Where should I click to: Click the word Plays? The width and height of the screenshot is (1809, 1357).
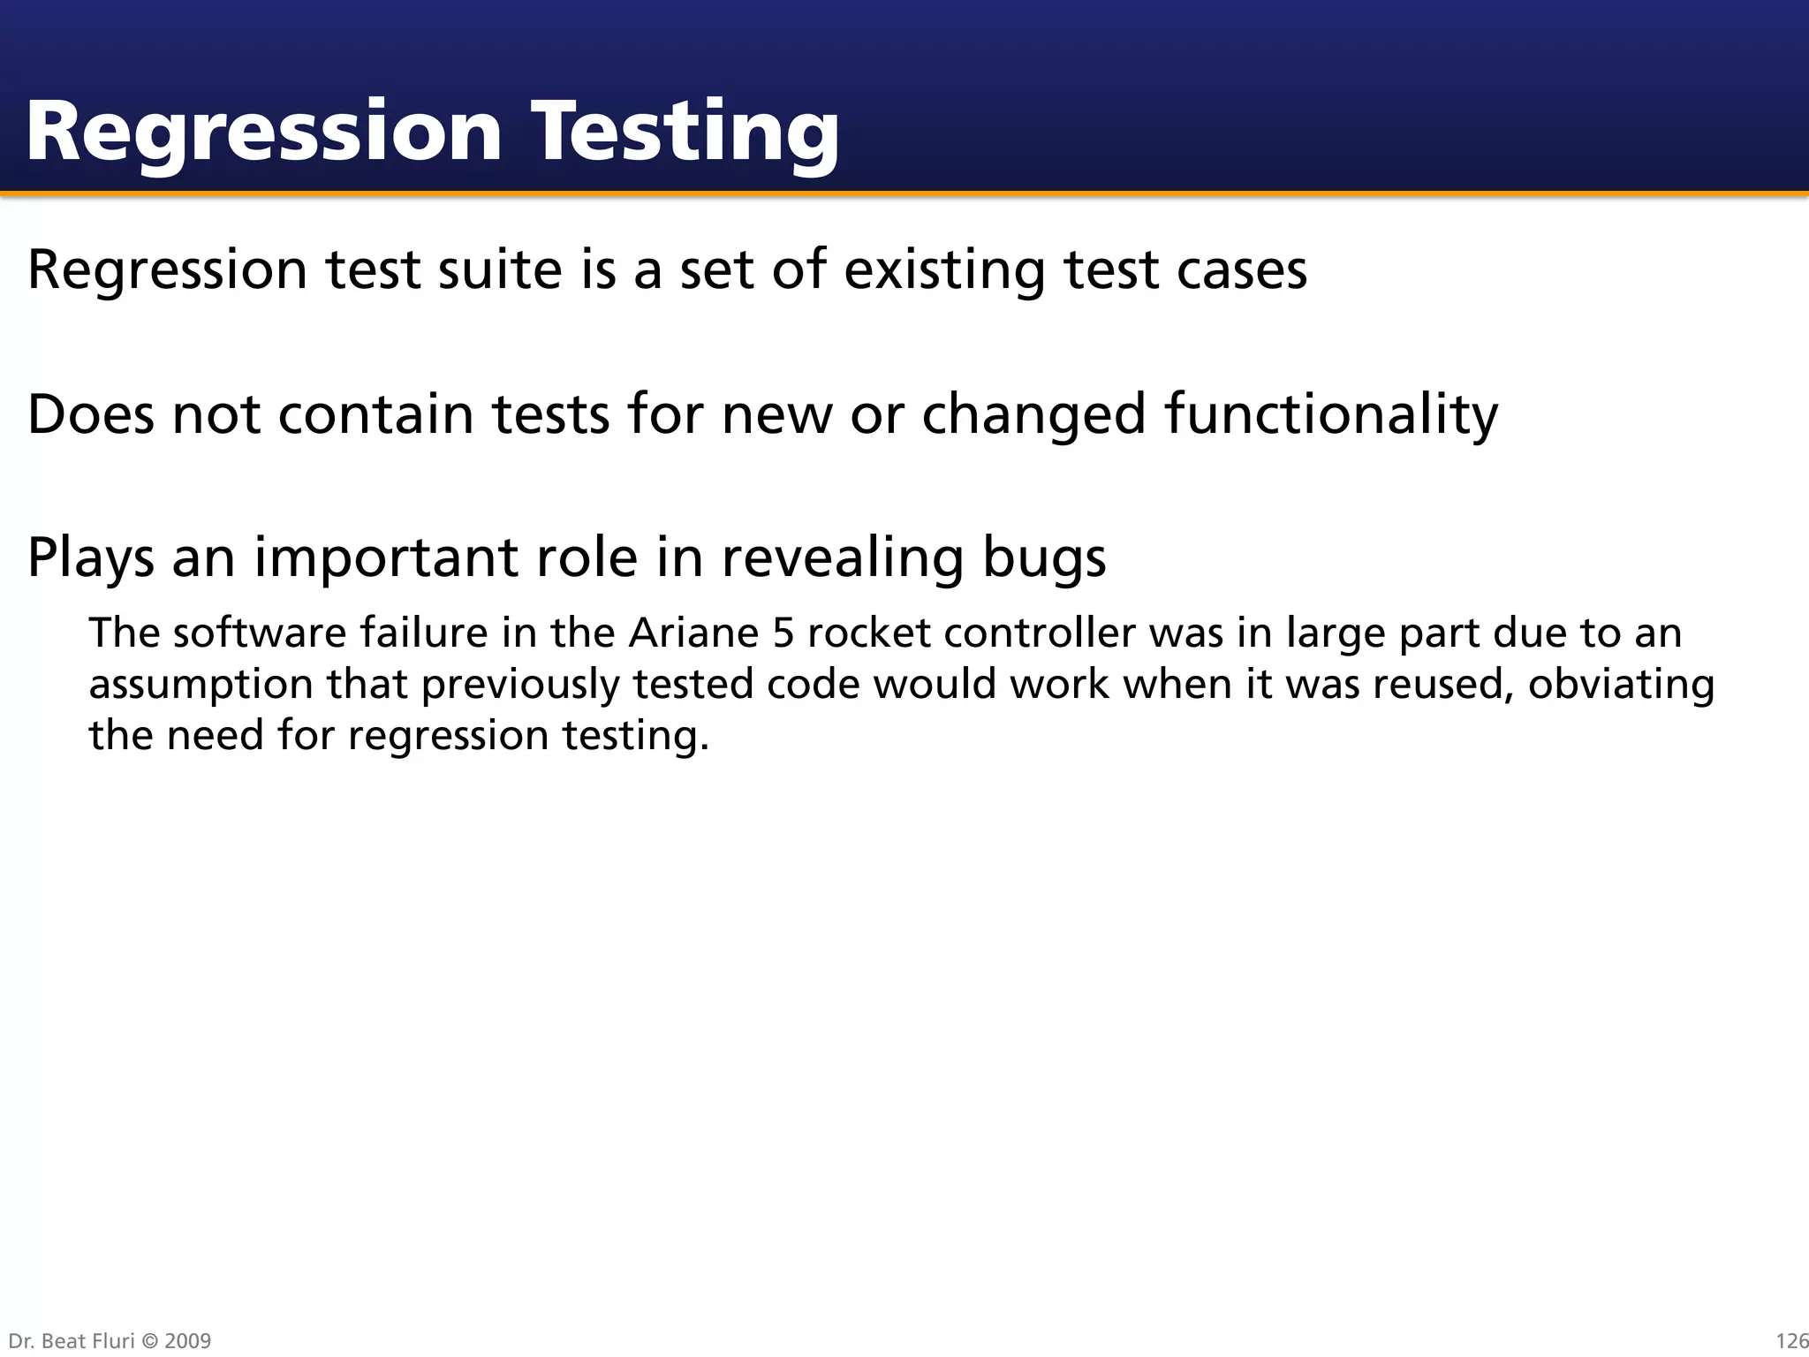pos(91,557)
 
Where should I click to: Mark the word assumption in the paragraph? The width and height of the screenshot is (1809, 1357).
pos(201,685)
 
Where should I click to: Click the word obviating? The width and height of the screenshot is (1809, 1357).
pos(1621,685)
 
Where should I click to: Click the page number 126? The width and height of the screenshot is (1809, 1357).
pos(1791,1341)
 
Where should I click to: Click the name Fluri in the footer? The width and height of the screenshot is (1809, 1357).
pos(110,1341)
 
